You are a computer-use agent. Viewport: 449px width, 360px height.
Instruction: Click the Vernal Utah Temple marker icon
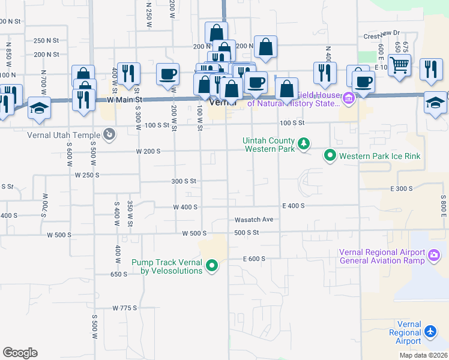coord(109,134)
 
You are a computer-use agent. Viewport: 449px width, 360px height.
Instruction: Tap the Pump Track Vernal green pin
coord(211,265)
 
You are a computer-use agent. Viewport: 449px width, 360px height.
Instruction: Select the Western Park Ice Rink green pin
coord(330,156)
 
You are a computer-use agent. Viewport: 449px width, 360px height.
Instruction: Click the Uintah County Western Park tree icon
coord(304,143)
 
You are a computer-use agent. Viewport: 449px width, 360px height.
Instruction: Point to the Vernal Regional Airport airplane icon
coord(430,331)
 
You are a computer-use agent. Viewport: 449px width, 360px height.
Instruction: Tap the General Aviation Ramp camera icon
coord(434,256)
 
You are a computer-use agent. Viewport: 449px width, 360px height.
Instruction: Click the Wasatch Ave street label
coord(253,220)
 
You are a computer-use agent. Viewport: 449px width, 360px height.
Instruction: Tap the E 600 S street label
coord(254,259)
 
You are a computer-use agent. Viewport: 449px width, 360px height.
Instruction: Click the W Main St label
coord(124,100)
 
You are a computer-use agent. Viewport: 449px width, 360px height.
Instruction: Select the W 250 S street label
coord(87,175)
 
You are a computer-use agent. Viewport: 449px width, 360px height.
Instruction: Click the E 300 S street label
coord(402,188)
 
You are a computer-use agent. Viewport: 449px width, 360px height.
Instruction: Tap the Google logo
coord(20,353)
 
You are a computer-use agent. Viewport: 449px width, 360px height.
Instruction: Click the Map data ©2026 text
coord(423,355)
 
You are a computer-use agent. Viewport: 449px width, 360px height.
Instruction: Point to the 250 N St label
coord(46,41)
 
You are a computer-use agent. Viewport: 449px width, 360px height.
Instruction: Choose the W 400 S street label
coord(185,207)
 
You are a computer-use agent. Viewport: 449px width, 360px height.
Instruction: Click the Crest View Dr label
coord(381,36)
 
